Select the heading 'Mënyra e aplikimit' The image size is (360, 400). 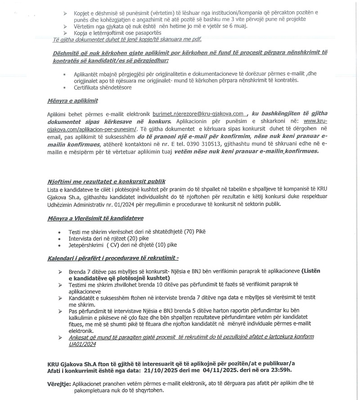click(x=72, y=100)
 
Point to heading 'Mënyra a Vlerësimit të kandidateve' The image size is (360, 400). click(x=95, y=218)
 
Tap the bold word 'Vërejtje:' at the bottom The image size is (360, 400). click(x=59, y=384)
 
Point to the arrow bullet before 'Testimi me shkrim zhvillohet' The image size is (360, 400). click(x=60, y=285)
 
